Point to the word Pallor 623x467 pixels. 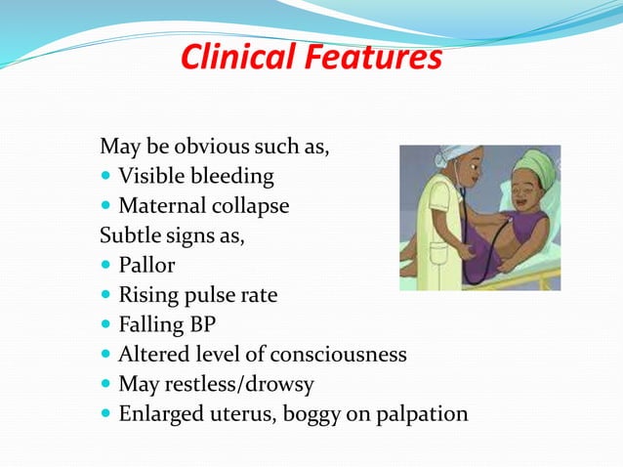[x=147, y=266]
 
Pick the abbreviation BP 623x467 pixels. [x=201, y=324]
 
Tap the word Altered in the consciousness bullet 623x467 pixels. [x=150, y=354]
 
